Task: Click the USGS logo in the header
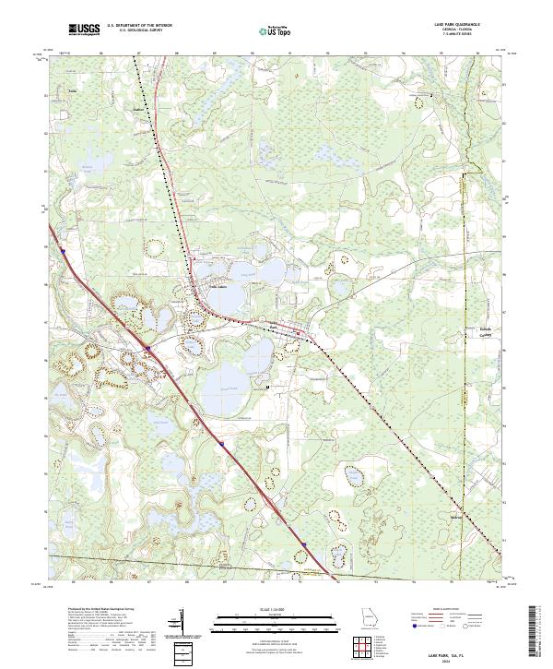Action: pos(85,30)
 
